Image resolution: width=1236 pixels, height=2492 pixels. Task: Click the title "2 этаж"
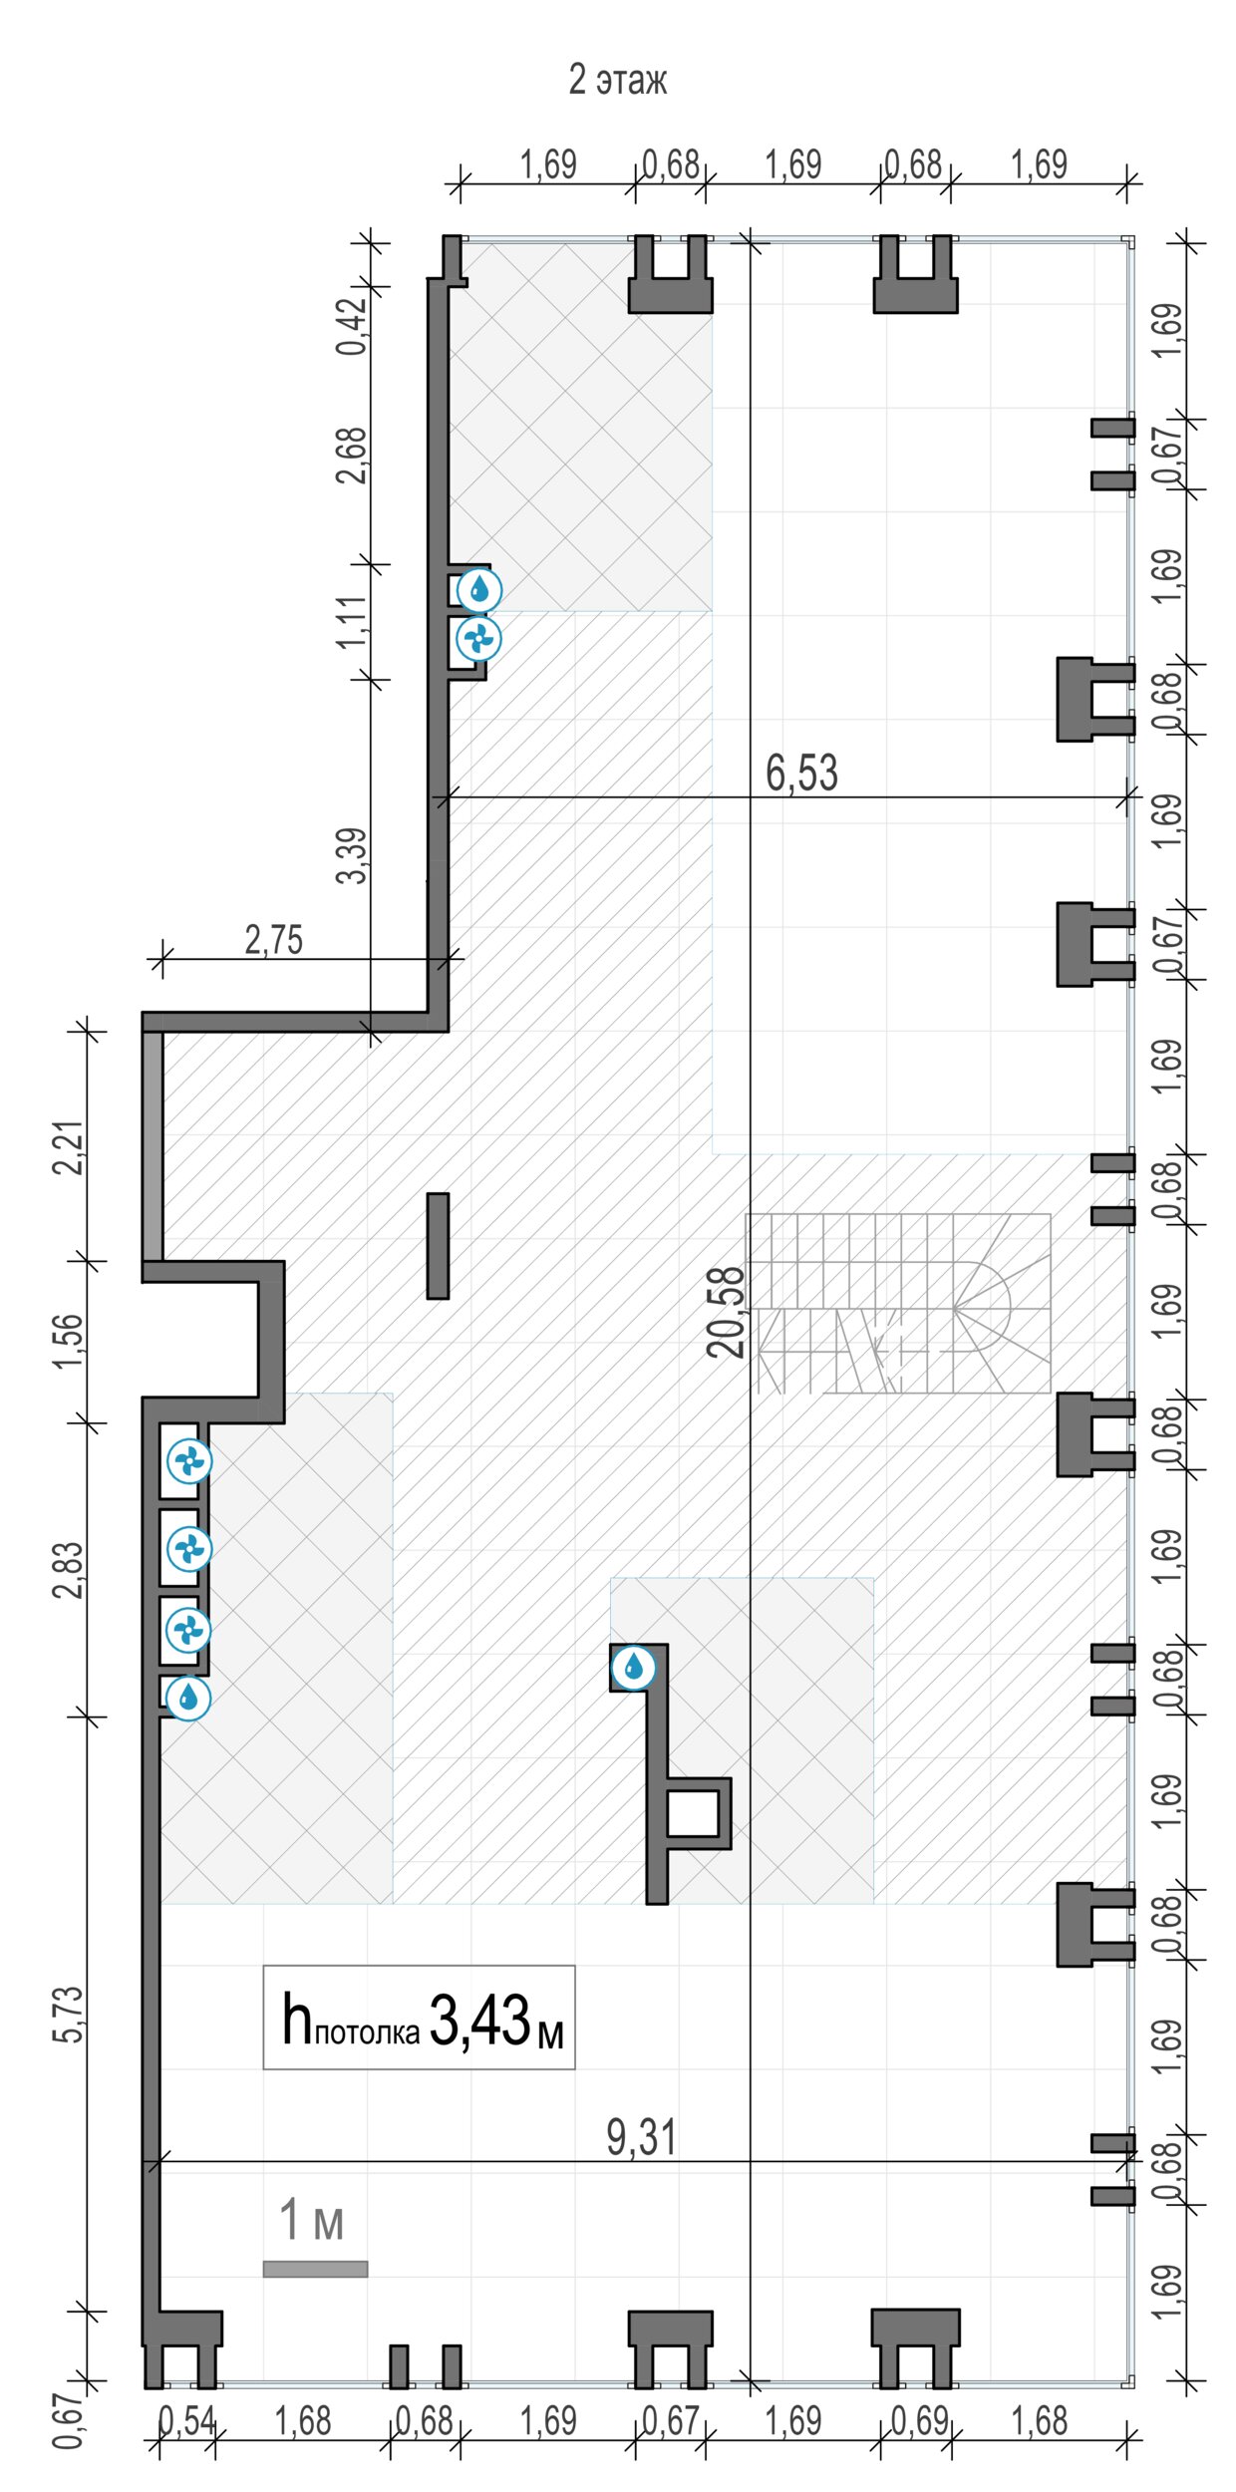point(617,80)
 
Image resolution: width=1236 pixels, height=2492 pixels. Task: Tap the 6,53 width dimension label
point(801,773)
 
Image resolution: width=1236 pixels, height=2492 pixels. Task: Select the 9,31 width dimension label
point(641,2137)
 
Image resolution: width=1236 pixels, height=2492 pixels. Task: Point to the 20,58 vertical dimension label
point(727,1312)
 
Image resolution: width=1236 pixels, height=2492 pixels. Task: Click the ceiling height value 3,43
point(480,2021)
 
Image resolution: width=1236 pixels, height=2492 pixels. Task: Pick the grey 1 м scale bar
point(315,2270)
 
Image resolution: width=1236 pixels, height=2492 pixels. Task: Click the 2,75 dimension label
point(274,940)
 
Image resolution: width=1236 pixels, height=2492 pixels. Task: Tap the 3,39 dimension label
point(352,855)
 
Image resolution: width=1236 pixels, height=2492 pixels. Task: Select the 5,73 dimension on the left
point(69,2015)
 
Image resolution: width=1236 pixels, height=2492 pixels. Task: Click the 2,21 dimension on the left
point(69,1148)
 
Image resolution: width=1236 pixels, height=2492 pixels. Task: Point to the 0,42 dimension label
point(352,326)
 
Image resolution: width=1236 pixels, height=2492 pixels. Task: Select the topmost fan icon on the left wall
point(188,1462)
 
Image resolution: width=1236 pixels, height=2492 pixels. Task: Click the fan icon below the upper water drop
point(478,639)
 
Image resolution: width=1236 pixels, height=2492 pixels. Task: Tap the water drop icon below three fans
point(188,1699)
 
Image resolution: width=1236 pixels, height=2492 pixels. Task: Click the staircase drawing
point(898,1303)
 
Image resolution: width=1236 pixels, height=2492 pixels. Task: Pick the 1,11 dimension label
point(352,622)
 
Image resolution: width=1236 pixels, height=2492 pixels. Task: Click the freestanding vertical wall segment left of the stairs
point(438,1246)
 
